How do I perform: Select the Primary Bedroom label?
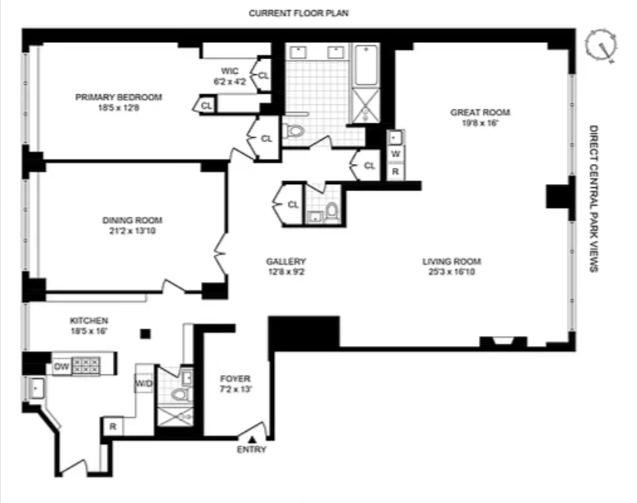[x=118, y=102]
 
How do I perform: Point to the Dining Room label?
[x=133, y=225]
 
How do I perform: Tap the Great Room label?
[x=480, y=117]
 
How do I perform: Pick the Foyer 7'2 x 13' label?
[x=235, y=384]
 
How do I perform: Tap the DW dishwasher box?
[x=61, y=367]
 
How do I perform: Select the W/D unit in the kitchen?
[x=144, y=382]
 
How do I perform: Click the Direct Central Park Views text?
[x=593, y=198]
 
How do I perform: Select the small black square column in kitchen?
[x=145, y=334]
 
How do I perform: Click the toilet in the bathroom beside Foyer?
[x=180, y=395]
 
